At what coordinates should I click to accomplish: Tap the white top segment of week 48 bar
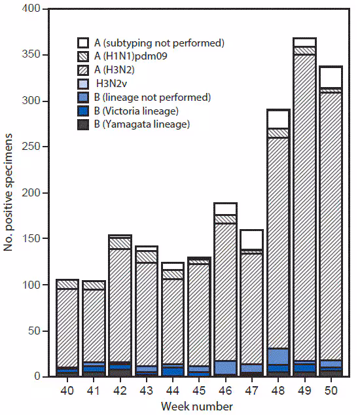click(x=278, y=118)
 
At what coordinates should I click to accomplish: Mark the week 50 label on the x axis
click(x=332, y=390)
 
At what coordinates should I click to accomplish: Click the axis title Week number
click(x=199, y=406)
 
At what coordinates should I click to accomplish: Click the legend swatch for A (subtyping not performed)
click(x=83, y=43)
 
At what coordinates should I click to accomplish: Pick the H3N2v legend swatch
click(x=83, y=84)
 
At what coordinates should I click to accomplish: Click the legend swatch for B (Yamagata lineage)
click(x=83, y=124)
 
